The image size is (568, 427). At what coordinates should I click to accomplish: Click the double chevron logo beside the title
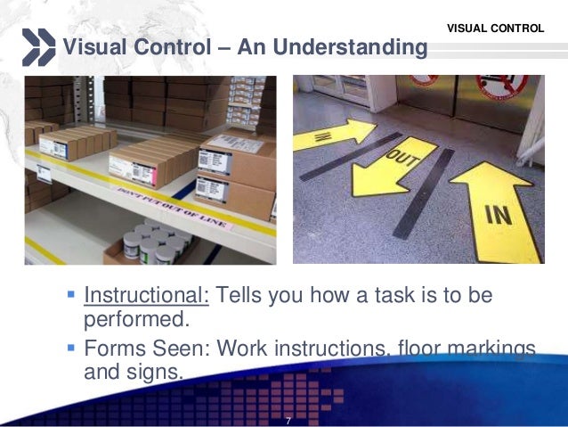pyautogui.click(x=38, y=47)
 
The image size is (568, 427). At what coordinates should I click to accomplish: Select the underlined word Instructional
pyautogui.click(x=146, y=295)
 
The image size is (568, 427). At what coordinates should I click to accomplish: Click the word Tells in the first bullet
pyautogui.click(x=243, y=295)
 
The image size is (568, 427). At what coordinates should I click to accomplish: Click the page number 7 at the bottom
pyautogui.click(x=288, y=420)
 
